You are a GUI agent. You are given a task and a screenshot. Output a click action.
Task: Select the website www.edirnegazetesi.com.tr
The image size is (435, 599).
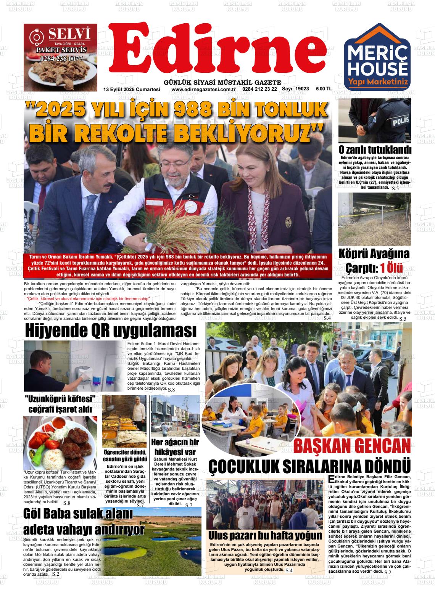coord(203,89)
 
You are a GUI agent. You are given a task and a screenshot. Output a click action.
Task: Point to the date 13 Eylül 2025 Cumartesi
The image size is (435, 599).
coord(132,89)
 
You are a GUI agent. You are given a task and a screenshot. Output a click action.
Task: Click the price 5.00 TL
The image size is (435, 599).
coord(324,89)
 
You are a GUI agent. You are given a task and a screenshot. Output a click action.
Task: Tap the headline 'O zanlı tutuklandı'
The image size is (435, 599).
coord(375,150)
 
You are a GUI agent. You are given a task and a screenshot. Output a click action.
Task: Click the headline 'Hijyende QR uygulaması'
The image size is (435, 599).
coord(111,331)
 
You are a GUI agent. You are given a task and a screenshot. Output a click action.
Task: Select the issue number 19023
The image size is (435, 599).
coord(301,89)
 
